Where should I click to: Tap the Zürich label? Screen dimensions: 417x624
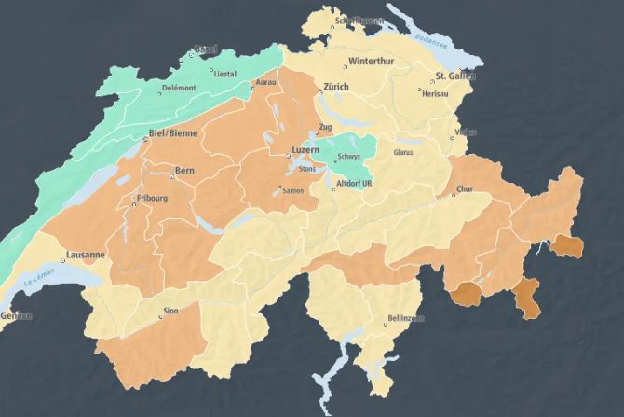pyautogui.click(x=335, y=87)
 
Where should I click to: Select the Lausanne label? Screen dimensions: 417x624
pyautogui.click(x=85, y=254)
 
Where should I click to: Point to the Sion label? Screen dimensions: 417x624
pyautogui.click(x=170, y=308)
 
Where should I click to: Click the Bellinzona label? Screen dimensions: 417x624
pyautogui.click(x=404, y=319)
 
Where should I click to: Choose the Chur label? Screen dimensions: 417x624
pyautogui.click(x=465, y=189)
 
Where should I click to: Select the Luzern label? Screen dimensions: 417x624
pyautogui.click(x=305, y=149)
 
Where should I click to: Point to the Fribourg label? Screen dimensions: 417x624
pyautogui.click(x=152, y=198)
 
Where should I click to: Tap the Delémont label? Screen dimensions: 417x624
pyautogui.click(x=179, y=88)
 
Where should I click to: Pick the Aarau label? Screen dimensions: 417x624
pyautogui.click(x=265, y=83)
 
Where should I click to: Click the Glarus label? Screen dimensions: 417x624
pyautogui.click(x=403, y=151)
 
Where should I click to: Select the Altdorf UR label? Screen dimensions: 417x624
pyautogui.click(x=354, y=184)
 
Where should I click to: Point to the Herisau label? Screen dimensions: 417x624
pyautogui.click(x=435, y=94)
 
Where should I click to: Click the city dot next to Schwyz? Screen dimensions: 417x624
pyautogui.click(x=335, y=161)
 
